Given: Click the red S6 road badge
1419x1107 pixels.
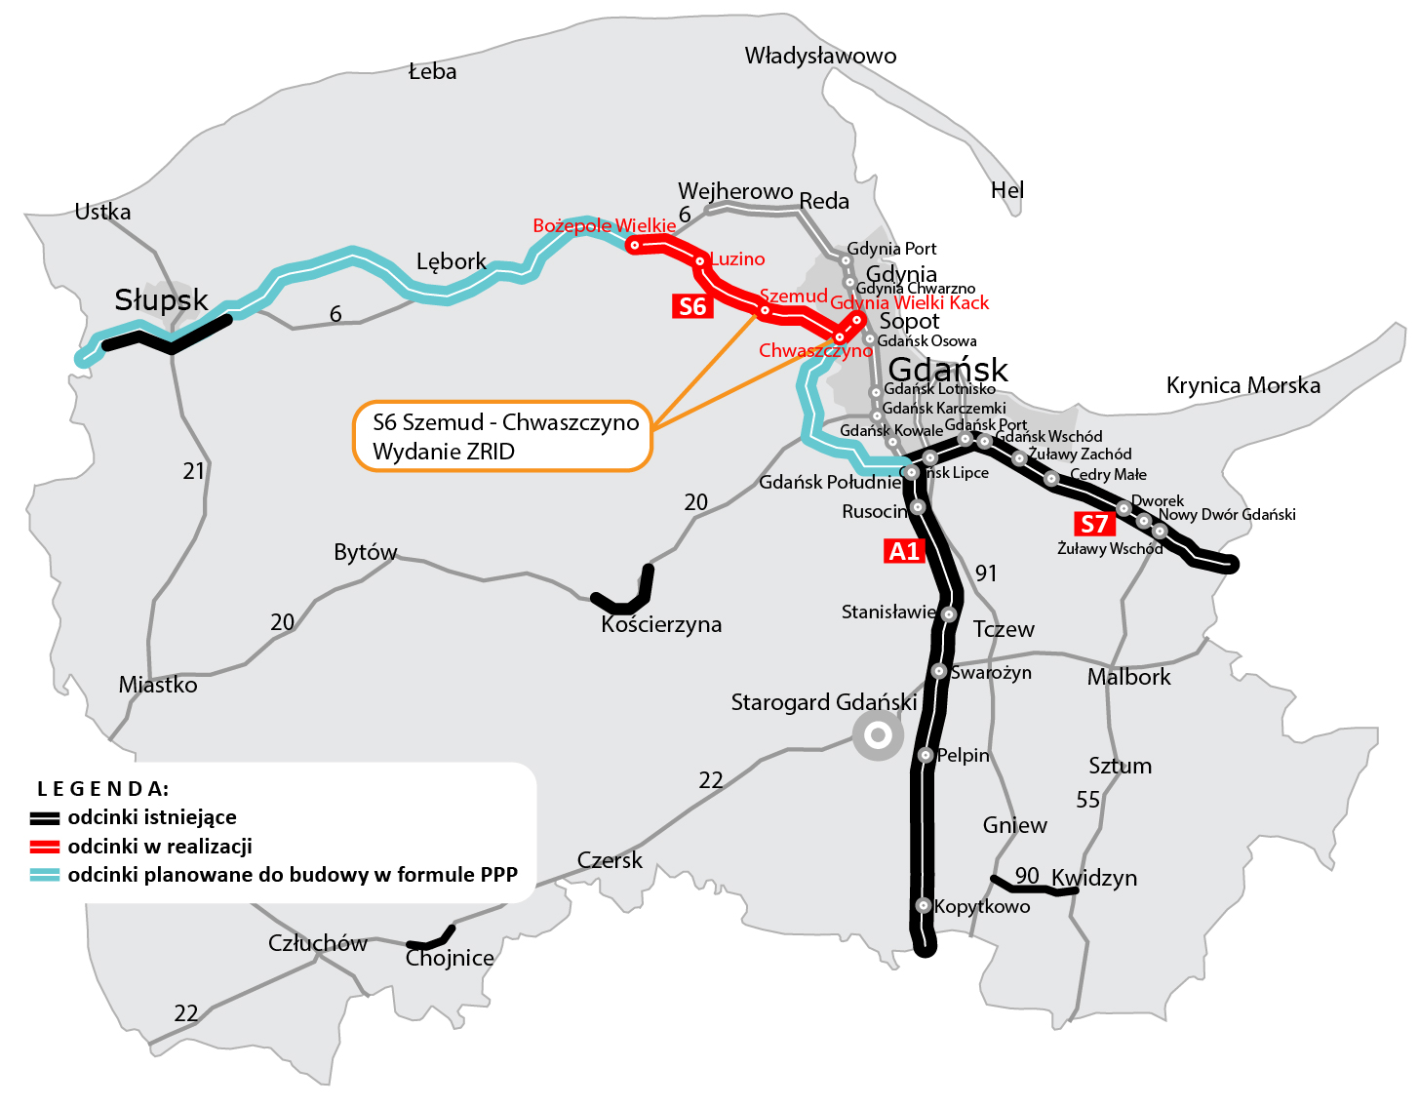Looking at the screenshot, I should (692, 306).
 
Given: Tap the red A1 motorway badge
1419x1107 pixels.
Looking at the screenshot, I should (903, 551).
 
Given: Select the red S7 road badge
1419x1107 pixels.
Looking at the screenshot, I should (1094, 524).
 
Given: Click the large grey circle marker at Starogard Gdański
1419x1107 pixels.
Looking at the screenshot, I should (878, 734).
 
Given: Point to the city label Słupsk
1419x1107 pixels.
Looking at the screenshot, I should (161, 299).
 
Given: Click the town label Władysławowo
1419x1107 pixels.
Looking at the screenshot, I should (820, 56).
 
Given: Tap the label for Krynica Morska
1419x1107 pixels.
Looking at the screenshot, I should (1242, 385).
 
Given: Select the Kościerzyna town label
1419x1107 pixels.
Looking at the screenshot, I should (661, 624).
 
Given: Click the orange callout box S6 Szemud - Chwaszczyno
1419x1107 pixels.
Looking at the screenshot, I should (502, 437).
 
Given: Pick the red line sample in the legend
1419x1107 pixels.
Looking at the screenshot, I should (45, 847).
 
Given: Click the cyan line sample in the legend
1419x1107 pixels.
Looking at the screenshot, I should (45, 875).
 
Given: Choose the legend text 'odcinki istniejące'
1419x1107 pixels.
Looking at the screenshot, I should (152, 817).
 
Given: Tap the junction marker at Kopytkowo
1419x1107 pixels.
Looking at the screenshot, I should (923, 905).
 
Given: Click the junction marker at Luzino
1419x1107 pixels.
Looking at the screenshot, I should (699, 260).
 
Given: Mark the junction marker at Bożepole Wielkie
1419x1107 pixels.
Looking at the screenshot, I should (634, 245).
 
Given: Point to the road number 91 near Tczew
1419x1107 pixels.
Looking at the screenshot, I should (986, 573).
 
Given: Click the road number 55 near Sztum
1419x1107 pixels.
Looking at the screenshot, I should (1087, 800).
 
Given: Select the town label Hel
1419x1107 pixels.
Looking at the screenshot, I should (1007, 190).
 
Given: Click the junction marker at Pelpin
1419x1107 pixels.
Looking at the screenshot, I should (926, 754).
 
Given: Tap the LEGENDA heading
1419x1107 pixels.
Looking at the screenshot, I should (102, 788).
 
